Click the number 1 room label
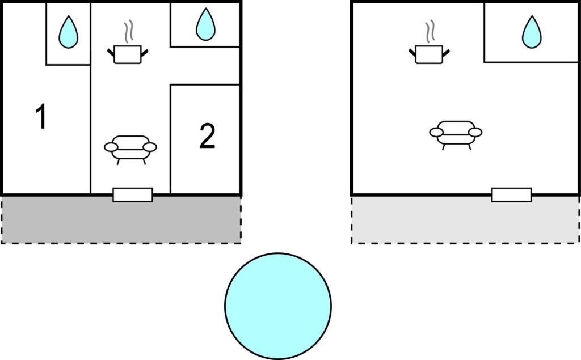click(x=40, y=117)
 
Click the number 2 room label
click(x=207, y=137)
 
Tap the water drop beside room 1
click(x=68, y=32)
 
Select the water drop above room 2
click(x=205, y=25)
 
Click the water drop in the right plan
click(x=532, y=32)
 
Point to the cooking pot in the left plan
click(x=128, y=55)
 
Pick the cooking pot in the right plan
click(x=429, y=55)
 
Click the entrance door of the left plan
click(x=133, y=194)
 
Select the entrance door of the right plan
click(x=511, y=194)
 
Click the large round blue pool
click(x=278, y=306)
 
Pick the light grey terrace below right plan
click(x=465, y=221)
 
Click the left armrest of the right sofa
click(x=436, y=133)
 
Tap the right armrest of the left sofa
click(x=150, y=147)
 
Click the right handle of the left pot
click(x=145, y=53)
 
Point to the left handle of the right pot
click(x=412, y=53)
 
